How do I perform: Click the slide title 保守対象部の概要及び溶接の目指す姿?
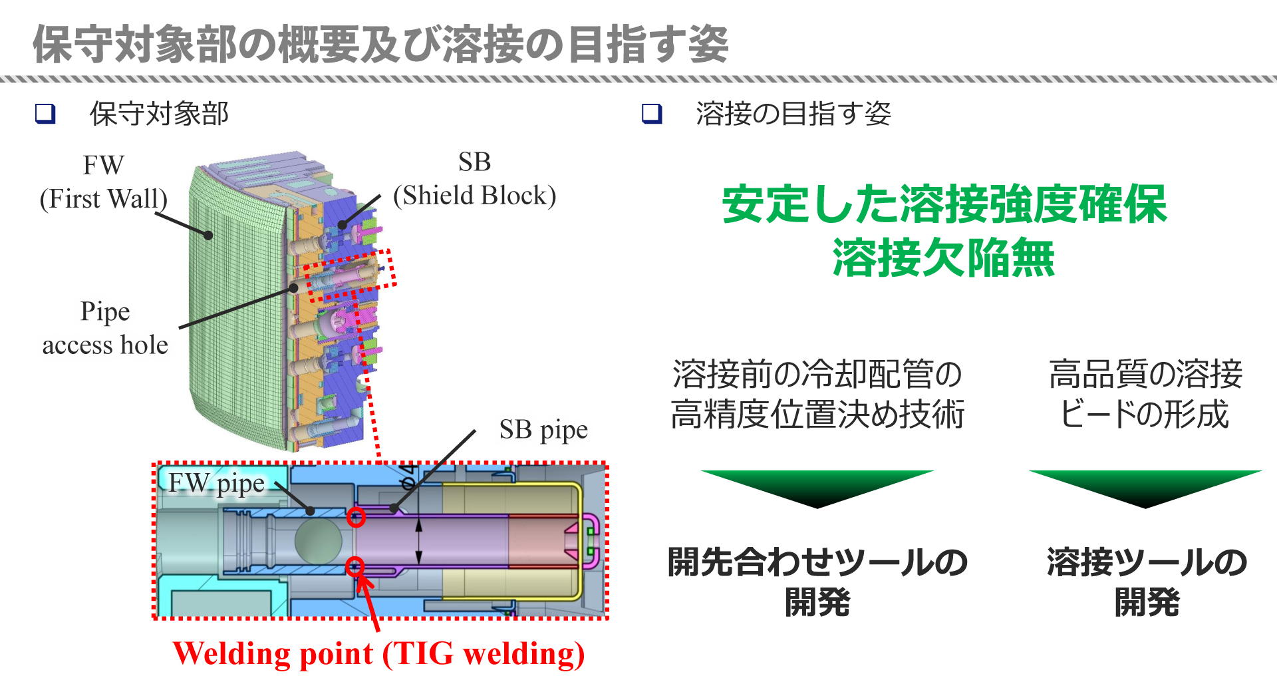pos(380,45)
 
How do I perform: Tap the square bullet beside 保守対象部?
pos(45,114)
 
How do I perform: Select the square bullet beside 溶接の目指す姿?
pos(652,114)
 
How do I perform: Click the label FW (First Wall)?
pos(103,182)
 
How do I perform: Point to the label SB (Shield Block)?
pos(474,179)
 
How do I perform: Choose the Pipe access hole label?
pos(105,328)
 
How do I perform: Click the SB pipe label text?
pos(543,430)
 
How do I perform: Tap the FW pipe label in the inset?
pos(216,484)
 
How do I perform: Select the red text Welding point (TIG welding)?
pos(378,653)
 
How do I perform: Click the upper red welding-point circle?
pos(356,517)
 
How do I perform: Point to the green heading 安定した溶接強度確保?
pos(944,204)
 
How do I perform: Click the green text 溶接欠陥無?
pos(944,257)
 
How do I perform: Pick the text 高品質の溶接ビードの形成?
pos(1145,394)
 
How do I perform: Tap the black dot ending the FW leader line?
pos(208,235)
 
